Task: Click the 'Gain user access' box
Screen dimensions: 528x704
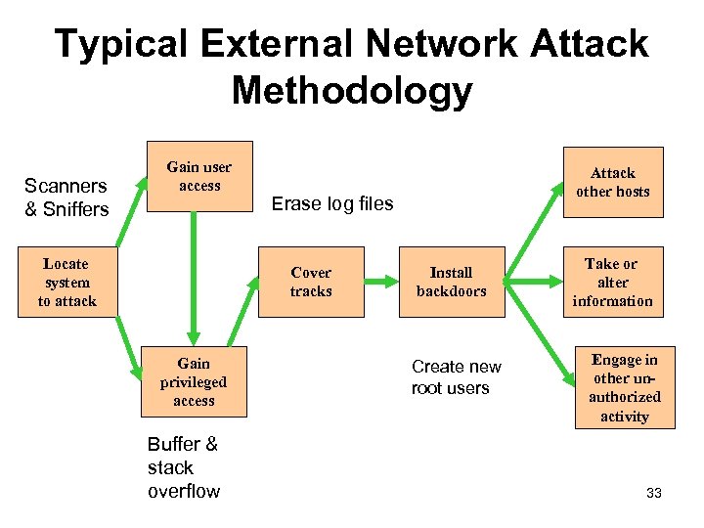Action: (199, 177)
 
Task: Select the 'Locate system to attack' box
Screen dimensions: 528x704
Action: (66, 283)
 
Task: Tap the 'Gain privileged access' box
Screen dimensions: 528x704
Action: (194, 382)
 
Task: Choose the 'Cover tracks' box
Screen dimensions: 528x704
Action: (311, 283)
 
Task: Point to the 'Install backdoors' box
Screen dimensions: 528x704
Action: (451, 283)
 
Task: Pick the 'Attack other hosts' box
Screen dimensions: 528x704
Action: (612, 182)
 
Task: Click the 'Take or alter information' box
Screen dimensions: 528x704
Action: (612, 283)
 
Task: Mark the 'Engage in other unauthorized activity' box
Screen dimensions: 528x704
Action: (625, 388)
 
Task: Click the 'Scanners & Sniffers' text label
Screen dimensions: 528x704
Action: (66, 197)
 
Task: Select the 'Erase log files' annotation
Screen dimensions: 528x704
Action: (331, 204)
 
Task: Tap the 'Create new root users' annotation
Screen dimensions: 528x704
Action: (456, 377)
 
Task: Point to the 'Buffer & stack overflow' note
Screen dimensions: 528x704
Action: (184, 467)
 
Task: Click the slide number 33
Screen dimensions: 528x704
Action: (654, 493)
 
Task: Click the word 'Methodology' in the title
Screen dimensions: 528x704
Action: (352, 91)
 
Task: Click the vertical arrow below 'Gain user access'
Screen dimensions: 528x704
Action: (194, 279)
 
